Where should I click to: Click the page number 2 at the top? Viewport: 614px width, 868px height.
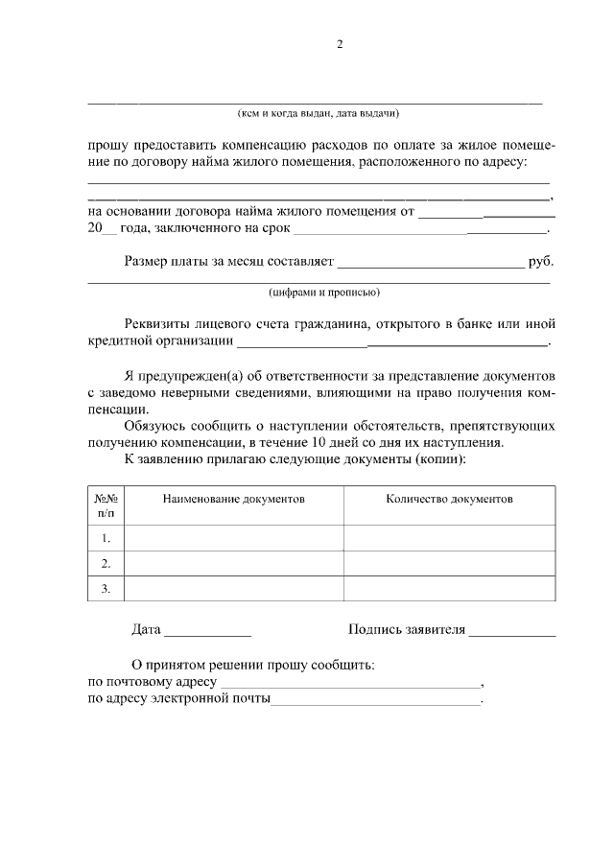pyautogui.click(x=339, y=44)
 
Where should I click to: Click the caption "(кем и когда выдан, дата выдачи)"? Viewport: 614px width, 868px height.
pyautogui.click(x=318, y=113)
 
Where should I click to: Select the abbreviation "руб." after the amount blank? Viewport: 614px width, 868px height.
pyautogui.click(x=541, y=261)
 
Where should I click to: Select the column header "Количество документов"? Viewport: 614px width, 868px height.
pyautogui.click(x=449, y=500)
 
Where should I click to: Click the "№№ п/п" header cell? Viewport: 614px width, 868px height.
pyautogui.click(x=106, y=505)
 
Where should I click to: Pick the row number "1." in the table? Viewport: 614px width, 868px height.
pyautogui.click(x=106, y=538)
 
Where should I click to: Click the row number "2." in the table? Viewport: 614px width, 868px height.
pyautogui.click(x=106, y=563)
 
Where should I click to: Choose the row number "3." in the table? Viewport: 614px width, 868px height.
pyautogui.click(x=106, y=588)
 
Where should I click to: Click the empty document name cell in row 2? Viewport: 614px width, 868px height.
pyautogui.click(x=234, y=563)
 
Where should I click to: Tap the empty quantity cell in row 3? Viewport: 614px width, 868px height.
pyautogui.click(x=449, y=588)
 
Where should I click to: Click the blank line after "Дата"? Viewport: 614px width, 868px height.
pyautogui.click(x=207, y=633)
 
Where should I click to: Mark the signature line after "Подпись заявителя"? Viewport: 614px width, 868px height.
pyautogui.click(x=512, y=633)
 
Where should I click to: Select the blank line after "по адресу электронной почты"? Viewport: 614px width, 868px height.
pyautogui.click(x=376, y=702)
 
